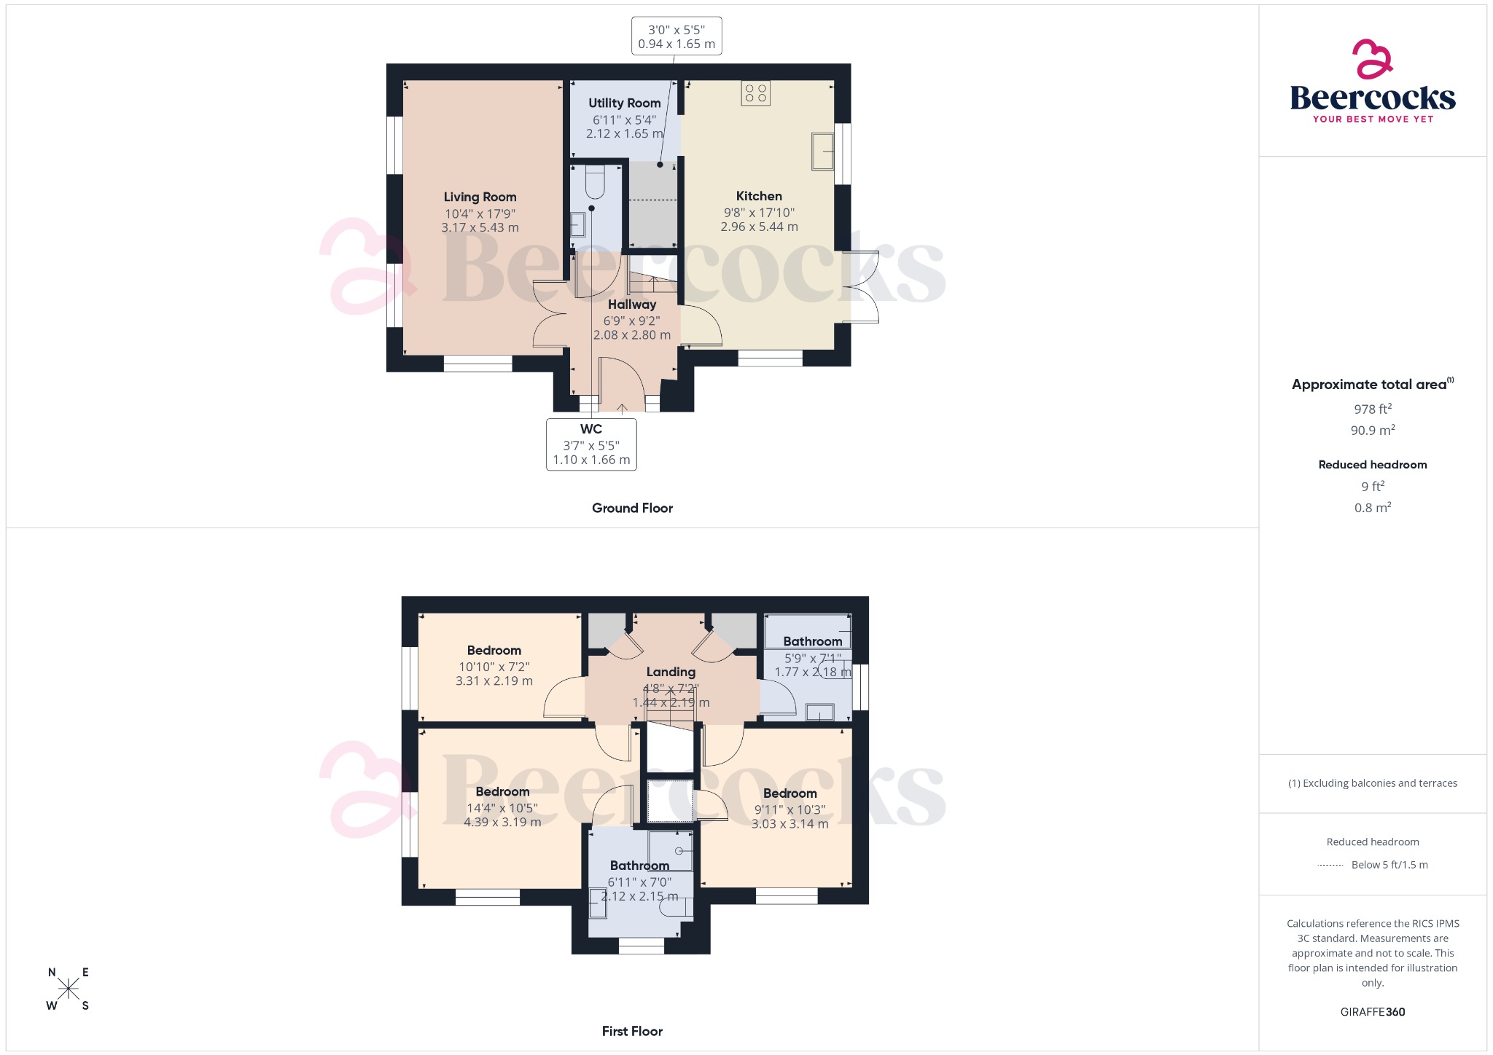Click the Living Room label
480,197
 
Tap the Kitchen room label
759,196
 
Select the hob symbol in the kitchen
756,93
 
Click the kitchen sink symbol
823,152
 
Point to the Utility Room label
625,103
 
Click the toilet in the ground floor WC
595,182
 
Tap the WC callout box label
591,429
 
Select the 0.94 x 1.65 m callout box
677,36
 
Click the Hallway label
632,305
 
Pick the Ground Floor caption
632,508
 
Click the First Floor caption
632,1031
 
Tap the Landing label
671,672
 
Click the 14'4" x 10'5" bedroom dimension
502,808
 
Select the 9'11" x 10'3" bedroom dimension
790,809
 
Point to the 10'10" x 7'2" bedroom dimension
494,667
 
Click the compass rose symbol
69,989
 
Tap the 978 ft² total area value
1373,409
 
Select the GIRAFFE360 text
1373,1011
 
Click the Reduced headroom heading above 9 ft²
1373,465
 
